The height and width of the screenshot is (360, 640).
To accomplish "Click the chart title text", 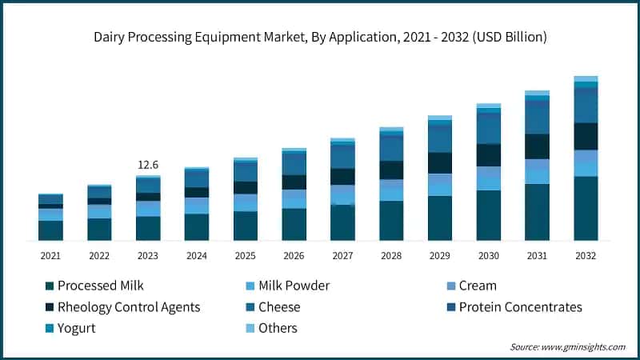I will pos(319,37).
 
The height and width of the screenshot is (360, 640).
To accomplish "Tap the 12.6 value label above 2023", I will pos(148,165).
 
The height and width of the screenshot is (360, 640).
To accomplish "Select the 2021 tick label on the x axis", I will pos(50,255).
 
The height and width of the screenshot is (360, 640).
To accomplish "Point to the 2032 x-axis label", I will pos(586,255).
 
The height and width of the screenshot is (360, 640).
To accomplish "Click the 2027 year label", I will pos(342,255).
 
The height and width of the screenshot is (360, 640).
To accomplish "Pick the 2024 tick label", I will pos(197,255).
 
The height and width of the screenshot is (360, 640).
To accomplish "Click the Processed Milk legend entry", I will pos(100,286).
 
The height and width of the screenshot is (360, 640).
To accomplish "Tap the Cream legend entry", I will pos(478,286).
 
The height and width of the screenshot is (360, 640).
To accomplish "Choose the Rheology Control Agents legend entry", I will pos(128,307).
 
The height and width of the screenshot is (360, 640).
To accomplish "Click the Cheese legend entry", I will pos(279,307).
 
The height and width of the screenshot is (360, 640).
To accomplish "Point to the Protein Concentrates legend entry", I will pos(520,307).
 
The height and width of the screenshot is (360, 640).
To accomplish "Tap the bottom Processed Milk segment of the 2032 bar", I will pos(586,208).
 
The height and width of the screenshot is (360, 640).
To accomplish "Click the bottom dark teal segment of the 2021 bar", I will pos(50,230).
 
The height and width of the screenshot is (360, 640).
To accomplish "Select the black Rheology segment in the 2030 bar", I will pos(489,154).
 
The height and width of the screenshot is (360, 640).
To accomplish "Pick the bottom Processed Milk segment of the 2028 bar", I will pos(391,220).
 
